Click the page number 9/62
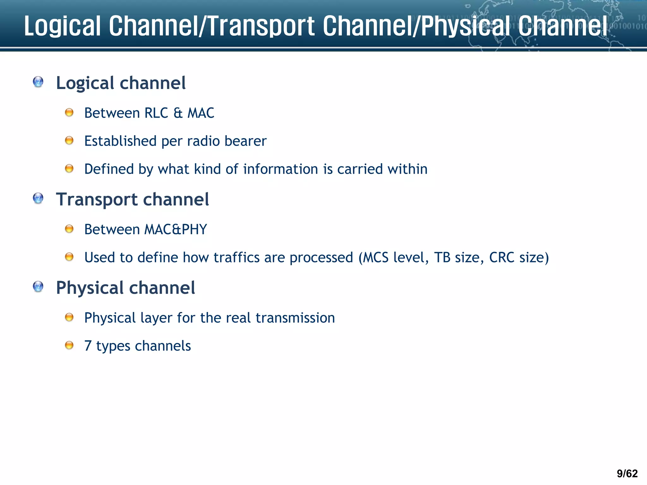click(627, 473)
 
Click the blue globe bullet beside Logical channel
click(38, 82)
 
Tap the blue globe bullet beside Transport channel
click(38, 199)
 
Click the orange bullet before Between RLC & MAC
click(69, 112)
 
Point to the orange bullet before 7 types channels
click(69, 345)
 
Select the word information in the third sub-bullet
click(281, 169)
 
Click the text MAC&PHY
click(176, 230)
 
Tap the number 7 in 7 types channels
click(88, 346)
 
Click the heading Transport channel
click(132, 200)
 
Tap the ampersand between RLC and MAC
click(178, 113)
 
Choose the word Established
click(120, 141)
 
